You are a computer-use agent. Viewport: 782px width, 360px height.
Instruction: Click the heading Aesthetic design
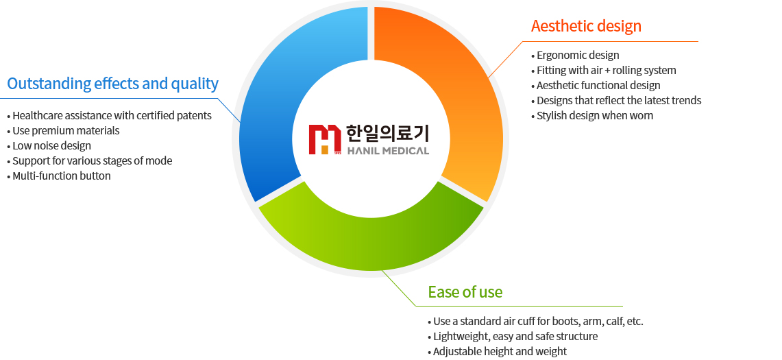click(x=586, y=26)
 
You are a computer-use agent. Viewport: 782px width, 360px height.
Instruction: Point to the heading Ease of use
click(x=465, y=291)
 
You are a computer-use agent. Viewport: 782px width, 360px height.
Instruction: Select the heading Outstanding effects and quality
click(x=112, y=84)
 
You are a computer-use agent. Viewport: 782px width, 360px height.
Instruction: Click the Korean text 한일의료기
click(x=387, y=133)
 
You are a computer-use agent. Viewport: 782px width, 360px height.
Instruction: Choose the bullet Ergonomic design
click(x=576, y=56)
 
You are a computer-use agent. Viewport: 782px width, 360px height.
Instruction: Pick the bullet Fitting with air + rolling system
click(x=604, y=71)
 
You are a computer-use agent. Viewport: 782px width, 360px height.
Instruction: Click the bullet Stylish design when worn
click(x=592, y=115)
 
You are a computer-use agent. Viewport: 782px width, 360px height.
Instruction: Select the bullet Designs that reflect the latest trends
click(x=616, y=100)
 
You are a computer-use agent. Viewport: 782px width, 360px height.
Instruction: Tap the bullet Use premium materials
click(x=63, y=131)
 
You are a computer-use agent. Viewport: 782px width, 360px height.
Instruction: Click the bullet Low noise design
click(x=49, y=146)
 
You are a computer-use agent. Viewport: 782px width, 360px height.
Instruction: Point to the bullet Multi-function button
click(x=59, y=176)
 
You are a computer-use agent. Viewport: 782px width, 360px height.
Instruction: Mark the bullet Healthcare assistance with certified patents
click(x=109, y=116)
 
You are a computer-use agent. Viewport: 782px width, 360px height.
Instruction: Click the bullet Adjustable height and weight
click(x=497, y=352)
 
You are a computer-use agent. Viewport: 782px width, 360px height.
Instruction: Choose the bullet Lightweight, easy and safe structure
click(x=513, y=337)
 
